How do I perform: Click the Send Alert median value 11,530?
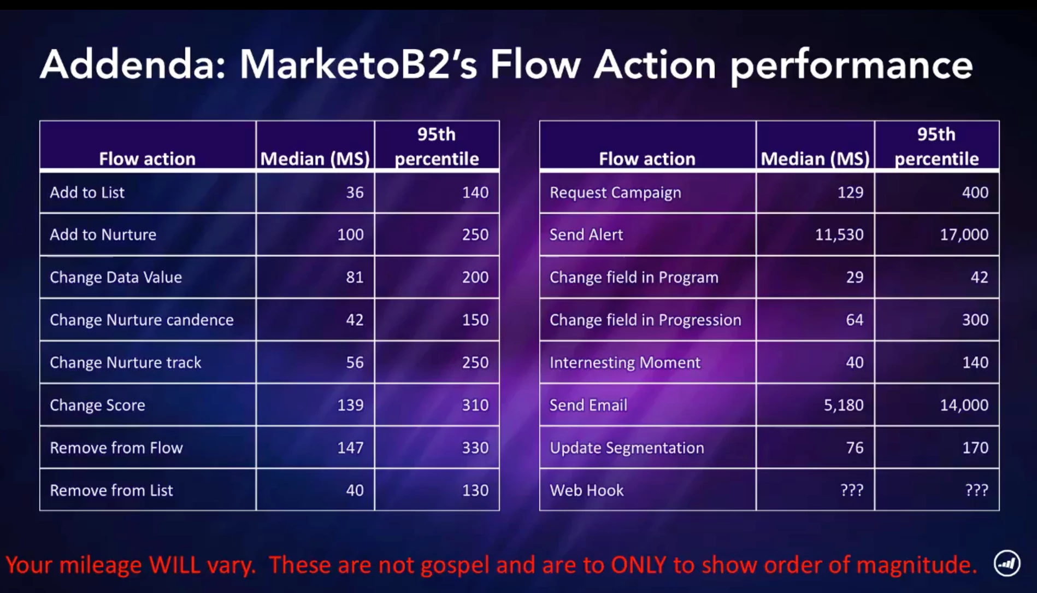(839, 235)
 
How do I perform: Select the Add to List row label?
(87, 192)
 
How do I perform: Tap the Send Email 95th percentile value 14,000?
(964, 405)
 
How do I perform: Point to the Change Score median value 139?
(350, 405)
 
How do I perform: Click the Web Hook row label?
(586, 490)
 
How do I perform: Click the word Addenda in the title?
(133, 64)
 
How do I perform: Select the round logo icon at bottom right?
(1006, 563)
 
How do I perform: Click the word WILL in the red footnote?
(175, 565)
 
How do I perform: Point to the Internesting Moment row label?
(624, 362)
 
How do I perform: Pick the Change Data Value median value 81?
(355, 277)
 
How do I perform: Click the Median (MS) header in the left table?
(315, 158)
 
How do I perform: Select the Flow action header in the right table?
(647, 158)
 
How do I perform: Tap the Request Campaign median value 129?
(850, 192)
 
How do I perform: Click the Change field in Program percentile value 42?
(980, 277)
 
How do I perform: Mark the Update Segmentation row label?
(627, 448)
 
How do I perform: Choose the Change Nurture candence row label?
(142, 320)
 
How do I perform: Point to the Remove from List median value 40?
(355, 490)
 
